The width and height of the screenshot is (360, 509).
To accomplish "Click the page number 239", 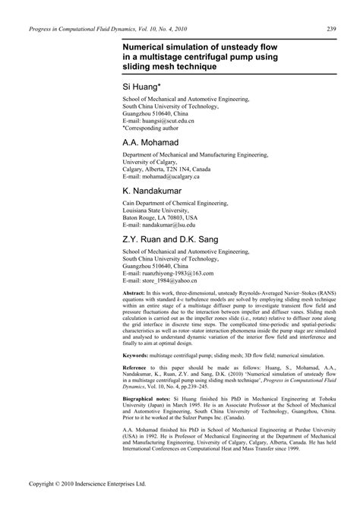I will [331, 30].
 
